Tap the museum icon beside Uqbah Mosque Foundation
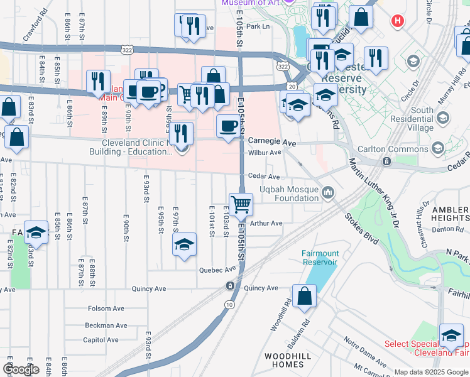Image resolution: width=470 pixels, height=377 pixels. pyautogui.click(x=327, y=193)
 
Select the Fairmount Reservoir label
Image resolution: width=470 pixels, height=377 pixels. pyautogui.click(x=320, y=257)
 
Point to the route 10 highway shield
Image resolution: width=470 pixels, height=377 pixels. pyautogui.click(x=230, y=304)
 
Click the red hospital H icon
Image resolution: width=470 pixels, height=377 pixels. pyautogui.click(x=397, y=21)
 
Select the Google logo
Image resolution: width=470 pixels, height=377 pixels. pyautogui.click(x=21, y=369)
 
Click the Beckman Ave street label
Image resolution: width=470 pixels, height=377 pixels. pyautogui.click(x=106, y=325)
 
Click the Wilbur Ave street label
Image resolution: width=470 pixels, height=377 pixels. pyautogui.click(x=265, y=153)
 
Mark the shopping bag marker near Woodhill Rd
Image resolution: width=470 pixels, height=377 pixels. pyautogui.click(x=304, y=297)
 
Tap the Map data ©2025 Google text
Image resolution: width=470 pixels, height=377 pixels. pyautogui.click(x=431, y=372)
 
